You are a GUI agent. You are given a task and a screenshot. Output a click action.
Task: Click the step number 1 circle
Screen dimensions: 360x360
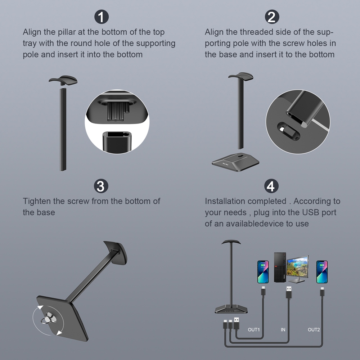tap(102, 17)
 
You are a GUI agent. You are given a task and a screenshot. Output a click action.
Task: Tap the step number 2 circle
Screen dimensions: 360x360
tap(272, 17)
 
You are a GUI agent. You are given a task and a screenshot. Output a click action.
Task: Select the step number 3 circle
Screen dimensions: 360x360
tap(101, 186)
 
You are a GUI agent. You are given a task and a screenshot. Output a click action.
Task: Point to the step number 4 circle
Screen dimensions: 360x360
tap(271, 186)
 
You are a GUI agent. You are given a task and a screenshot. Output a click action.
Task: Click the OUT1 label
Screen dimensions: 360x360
tap(254, 330)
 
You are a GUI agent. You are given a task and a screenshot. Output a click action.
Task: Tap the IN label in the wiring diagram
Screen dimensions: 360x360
tap(283, 330)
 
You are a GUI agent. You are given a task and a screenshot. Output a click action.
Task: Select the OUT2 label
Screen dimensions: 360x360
tap(314, 330)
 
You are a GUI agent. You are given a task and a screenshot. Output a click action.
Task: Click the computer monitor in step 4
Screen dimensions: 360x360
tap(298, 269)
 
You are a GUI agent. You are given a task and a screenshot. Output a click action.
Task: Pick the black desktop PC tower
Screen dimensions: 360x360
tap(280, 267)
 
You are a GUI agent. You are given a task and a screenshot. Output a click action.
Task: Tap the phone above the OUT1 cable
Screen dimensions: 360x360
tap(263, 272)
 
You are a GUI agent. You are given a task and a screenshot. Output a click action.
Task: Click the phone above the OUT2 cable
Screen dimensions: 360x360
tap(322, 272)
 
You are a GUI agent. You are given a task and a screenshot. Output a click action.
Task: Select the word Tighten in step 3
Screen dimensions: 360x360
tap(37, 201)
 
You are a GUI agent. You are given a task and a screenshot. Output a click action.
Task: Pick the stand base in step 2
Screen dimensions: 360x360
tap(235, 162)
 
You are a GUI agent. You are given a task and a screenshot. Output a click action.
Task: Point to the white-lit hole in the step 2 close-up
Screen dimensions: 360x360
tap(282, 129)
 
